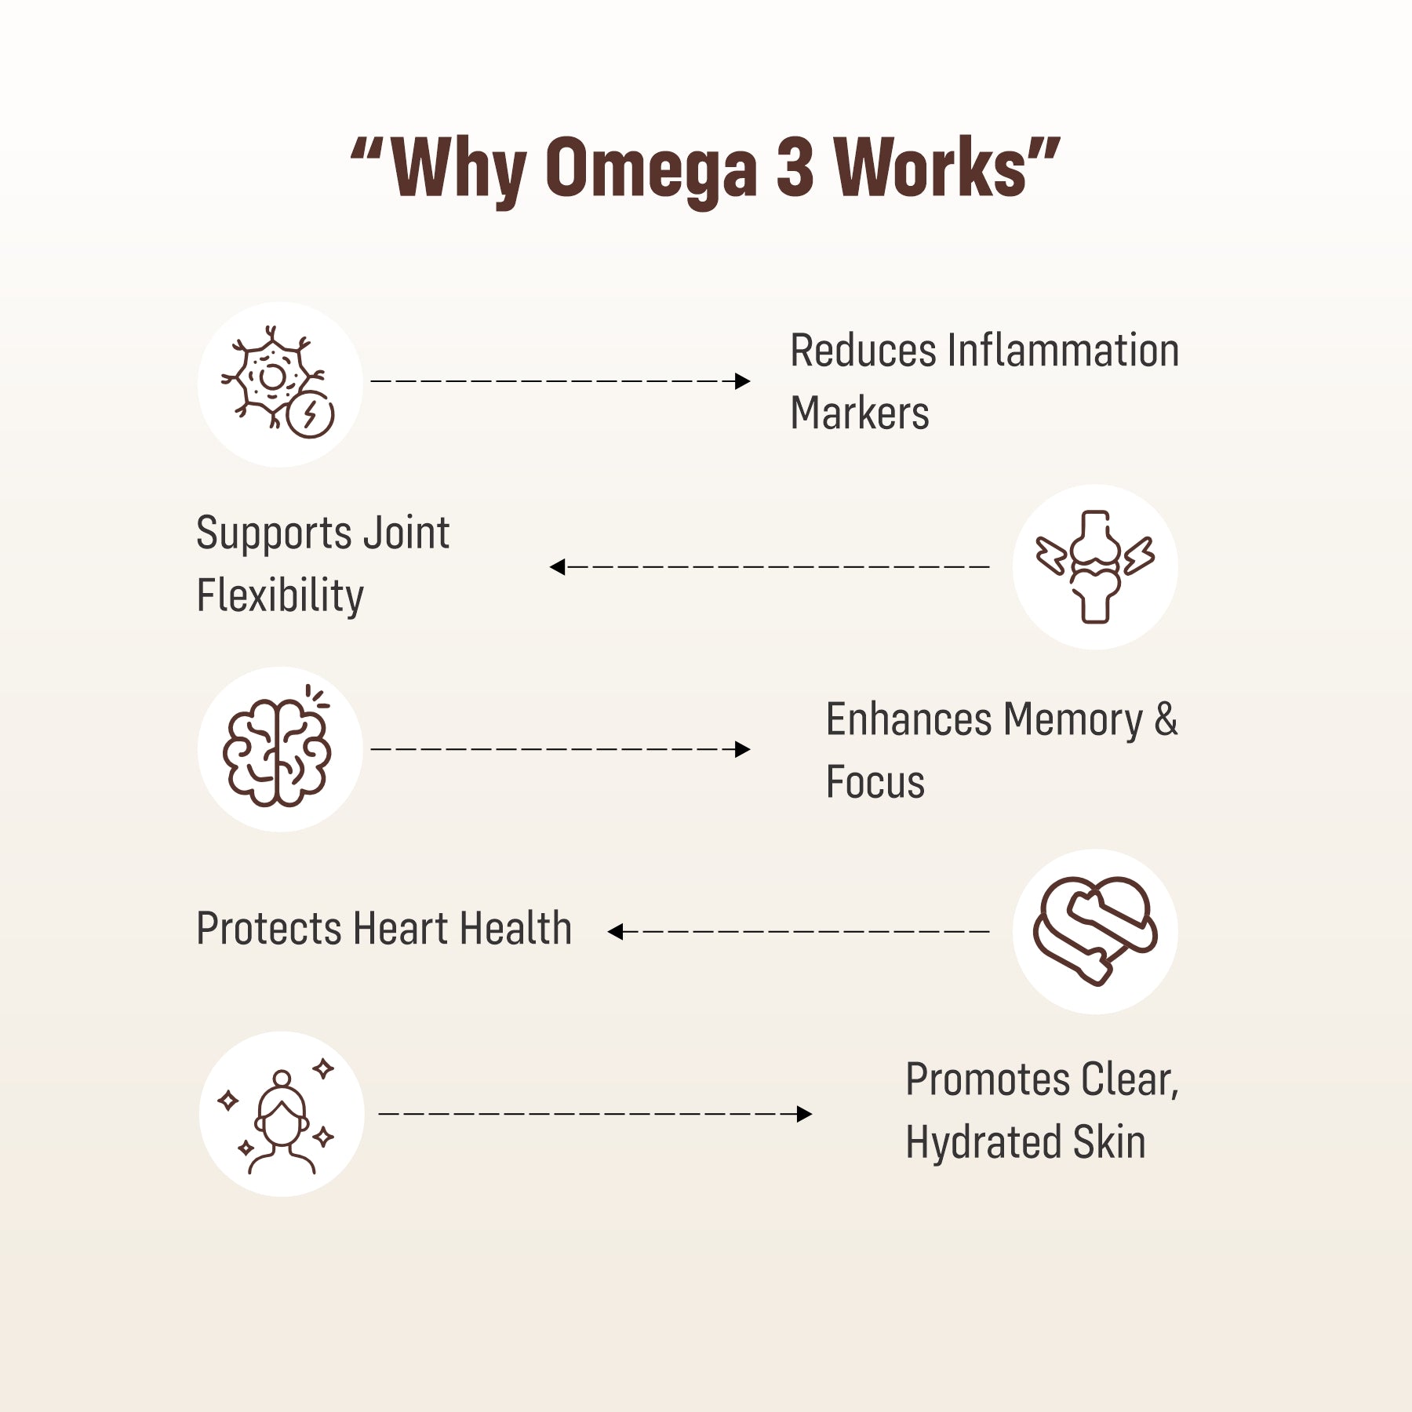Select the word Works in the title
coord(930,167)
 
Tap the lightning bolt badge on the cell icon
coord(311,413)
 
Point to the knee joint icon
coord(1095,566)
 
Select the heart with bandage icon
coord(1095,930)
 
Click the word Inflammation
coord(1063,351)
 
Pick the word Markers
coord(860,413)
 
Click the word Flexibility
coord(280,596)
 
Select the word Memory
coord(1072,720)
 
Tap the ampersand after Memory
coord(1166,719)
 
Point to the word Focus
coord(875,782)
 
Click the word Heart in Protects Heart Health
coord(401,929)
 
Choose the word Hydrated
coord(982,1142)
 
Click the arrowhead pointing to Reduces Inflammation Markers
coord(742,381)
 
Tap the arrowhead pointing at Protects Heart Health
coord(616,932)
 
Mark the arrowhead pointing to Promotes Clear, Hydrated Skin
coord(803,1114)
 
